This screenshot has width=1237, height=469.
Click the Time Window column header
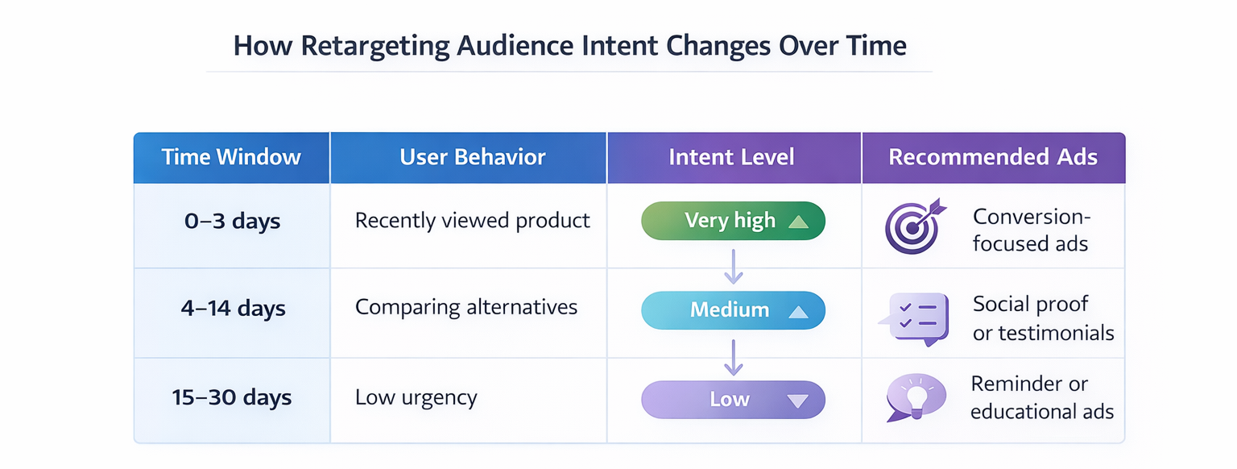coord(231,157)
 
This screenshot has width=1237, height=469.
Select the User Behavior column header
coord(472,157)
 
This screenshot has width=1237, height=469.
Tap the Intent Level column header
coord(731,157)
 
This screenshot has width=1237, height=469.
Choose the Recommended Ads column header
coord(992,157)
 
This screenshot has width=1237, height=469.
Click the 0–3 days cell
coord(232,222)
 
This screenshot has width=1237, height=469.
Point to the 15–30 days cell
coord(232,398)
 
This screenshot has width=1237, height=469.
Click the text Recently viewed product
coord(472,221)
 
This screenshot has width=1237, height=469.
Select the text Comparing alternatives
coord(465,308)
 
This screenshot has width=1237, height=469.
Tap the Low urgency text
coord(416,398)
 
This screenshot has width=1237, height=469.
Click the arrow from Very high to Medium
coord(733,266)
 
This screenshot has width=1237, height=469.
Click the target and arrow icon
coord(912,226)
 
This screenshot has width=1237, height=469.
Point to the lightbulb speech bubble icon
coord(914,397)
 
